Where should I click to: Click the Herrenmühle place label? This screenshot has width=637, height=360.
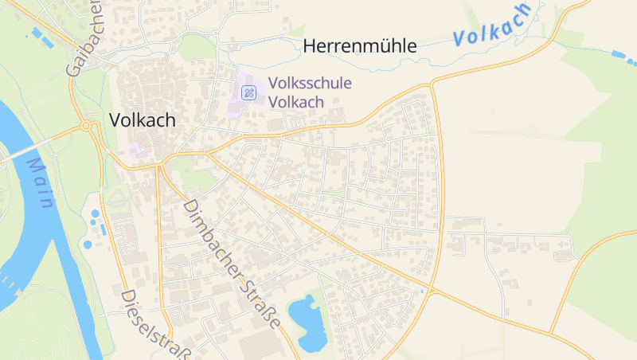(x=359, y=46)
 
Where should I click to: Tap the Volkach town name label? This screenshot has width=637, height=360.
(x=142, y=120)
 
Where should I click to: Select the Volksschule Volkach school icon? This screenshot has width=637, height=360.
(x=249, y=93)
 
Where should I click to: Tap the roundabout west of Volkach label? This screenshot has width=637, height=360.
(x=85, y=126)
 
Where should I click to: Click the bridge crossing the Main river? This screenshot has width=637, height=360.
(x=24, y=151)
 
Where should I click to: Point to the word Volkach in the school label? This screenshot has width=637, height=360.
(x=296, y=102)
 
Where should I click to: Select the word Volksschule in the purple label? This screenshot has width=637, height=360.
(x=310, y=83)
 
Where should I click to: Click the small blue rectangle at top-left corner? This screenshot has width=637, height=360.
(x=35, y=33)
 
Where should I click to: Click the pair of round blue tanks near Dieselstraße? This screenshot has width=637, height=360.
(x=93, y=217)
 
